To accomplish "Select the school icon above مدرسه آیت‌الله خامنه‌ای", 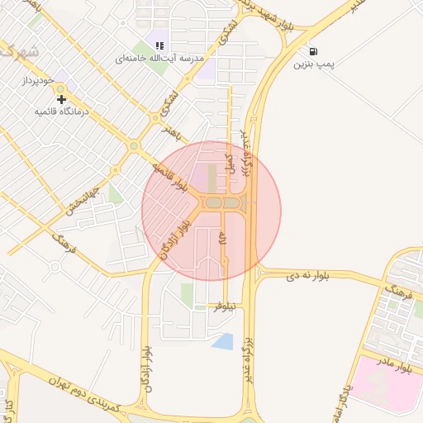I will pos(158,45).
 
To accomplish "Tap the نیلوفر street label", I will pos(225,307).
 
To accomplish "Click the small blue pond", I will pos(222,340).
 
